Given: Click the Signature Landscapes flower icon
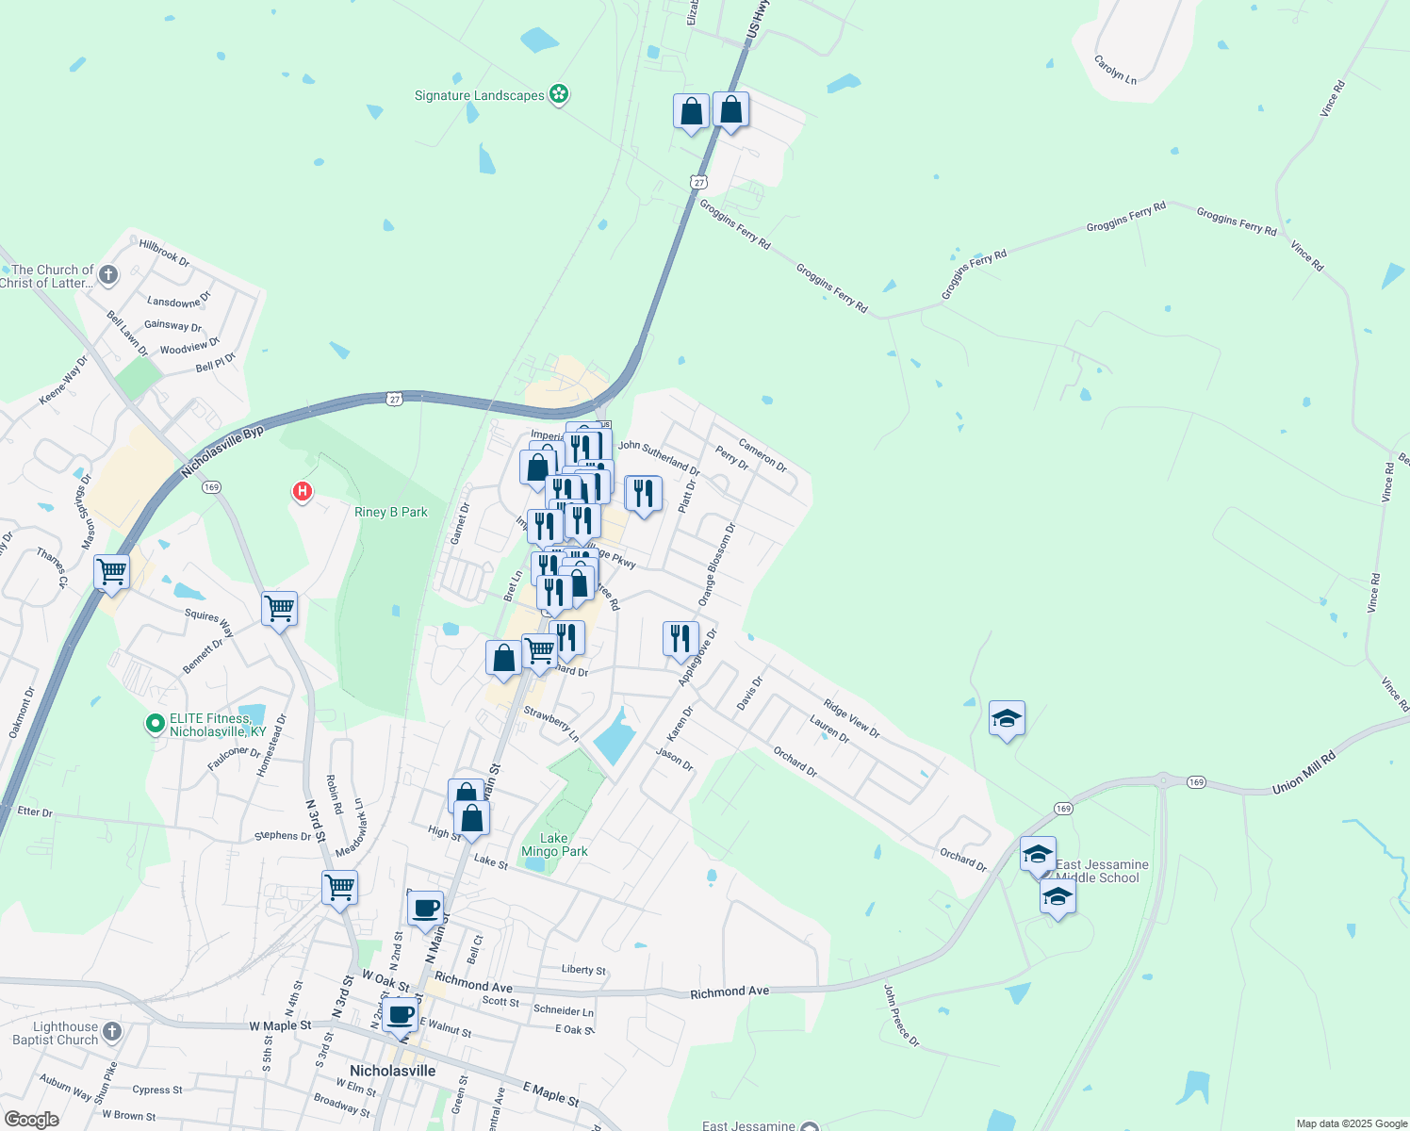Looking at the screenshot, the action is coord(559,94).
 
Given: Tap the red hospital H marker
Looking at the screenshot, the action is coord(303,491).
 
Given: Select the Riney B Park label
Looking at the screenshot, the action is coord(390,512).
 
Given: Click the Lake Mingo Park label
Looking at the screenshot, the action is coord(554,844).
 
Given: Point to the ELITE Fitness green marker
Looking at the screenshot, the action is coord(155,724).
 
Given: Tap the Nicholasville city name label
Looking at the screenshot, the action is coord(392,1071).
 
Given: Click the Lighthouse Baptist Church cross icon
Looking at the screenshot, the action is coord(111,1032).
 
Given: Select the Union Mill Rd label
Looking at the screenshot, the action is coord(1304,772).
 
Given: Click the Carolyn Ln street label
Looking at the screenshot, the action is coord(1115,70).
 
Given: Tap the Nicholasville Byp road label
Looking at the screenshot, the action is coord(222,452).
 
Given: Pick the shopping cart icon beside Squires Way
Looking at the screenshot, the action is coord(280,609).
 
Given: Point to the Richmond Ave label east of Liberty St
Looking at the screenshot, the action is coord(730,992).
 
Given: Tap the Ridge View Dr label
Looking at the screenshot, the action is coord(851,718).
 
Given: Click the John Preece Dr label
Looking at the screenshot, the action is coord(901,1015).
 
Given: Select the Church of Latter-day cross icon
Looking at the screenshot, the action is coord(108,275).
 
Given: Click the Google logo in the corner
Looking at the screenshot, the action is coord(31,1120).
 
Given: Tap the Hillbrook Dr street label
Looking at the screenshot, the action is coord(164,252).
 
